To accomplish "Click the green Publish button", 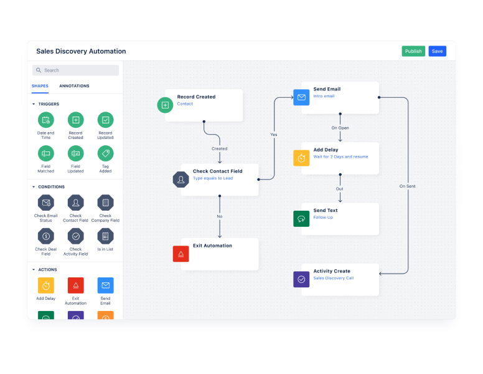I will [x=413, y=51].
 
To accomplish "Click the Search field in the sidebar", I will [x=75, y=70].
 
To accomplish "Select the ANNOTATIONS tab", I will [x=74, y=86].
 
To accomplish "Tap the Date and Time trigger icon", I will [x=45, y=120].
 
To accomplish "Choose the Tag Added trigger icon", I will [x=105, y=153].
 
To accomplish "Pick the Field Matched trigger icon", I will [x=45, y=153].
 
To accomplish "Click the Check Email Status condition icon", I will [x=45, y=203].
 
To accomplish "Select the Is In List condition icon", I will [x=105, y=236].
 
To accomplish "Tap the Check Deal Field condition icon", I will [x=45, y=236].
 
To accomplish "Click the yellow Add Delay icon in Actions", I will [x=45, y=285].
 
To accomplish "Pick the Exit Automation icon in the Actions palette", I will [x=75, y=285].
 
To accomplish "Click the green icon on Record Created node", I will [x=165, y=105].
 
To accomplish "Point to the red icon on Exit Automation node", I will [x=181, y=254].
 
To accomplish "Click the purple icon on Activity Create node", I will [x=301, y=279].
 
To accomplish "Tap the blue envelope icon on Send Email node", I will [x=301, y=97].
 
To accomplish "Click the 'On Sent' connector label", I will [x=408, y=186].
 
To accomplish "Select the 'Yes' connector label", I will [x=273, y=134].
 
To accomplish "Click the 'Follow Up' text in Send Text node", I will [x=323, y=218].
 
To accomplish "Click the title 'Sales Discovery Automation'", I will [x=81, y=51].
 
